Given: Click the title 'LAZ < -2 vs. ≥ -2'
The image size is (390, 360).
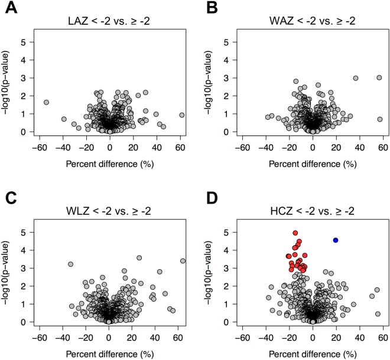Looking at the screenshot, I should click(110, 21).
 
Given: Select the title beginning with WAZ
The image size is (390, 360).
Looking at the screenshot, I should click(313, 21).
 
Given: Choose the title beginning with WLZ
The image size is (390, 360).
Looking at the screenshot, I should click(110, 211).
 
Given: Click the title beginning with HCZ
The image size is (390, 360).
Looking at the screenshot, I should click(313, 211).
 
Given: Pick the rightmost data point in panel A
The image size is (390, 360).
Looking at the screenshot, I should click(182, 115).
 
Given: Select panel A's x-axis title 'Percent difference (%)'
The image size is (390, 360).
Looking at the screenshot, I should click(110, 162).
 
